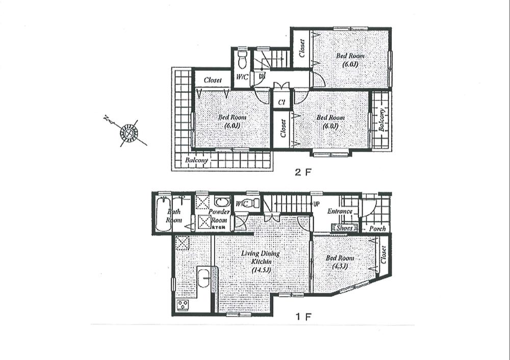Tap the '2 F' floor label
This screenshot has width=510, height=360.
pyautogui.click(x=302, y=172)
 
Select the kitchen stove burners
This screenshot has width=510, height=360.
pyautogui.click(x=183, y=305)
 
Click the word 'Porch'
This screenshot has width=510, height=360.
pyautogui.click(x=377, y=228)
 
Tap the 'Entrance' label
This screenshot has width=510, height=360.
pyautogui.click(x=340, y=212)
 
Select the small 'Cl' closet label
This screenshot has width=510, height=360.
pyautogui.click(x=281, y=101)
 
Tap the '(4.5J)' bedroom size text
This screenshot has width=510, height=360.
pyautogui.click(x=339, y=266)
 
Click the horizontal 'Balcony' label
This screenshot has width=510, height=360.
pyautogui.click(x=196, y=160)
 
